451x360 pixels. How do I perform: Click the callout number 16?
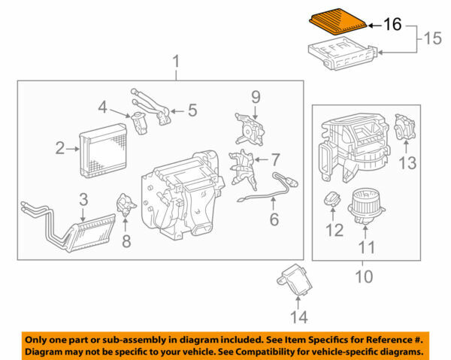point(393,24)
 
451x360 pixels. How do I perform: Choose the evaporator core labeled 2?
point(105,147)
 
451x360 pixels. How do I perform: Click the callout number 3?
point(83,200)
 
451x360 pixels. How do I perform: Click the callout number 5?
point(192,111)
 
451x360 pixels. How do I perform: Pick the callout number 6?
point(274,219)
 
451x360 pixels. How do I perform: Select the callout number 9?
point(255,96)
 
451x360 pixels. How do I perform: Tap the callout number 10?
point(364,277)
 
